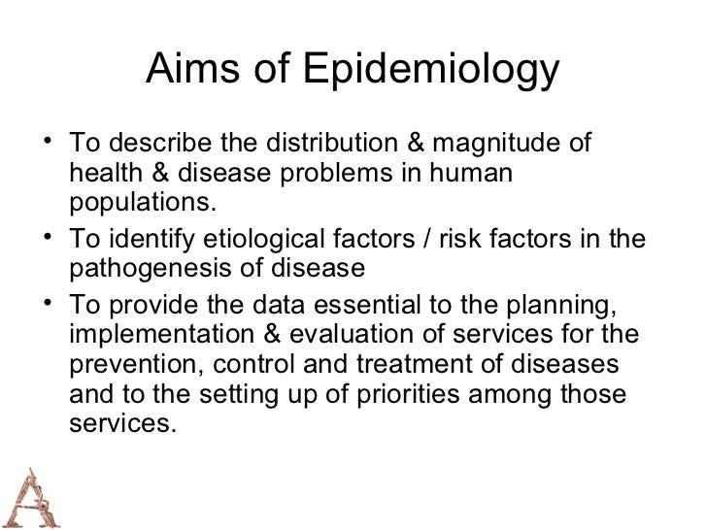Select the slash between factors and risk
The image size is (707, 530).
pyautogui.click(x=425, y=238)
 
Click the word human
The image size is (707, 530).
pyautogui.click(x=478, y=175)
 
